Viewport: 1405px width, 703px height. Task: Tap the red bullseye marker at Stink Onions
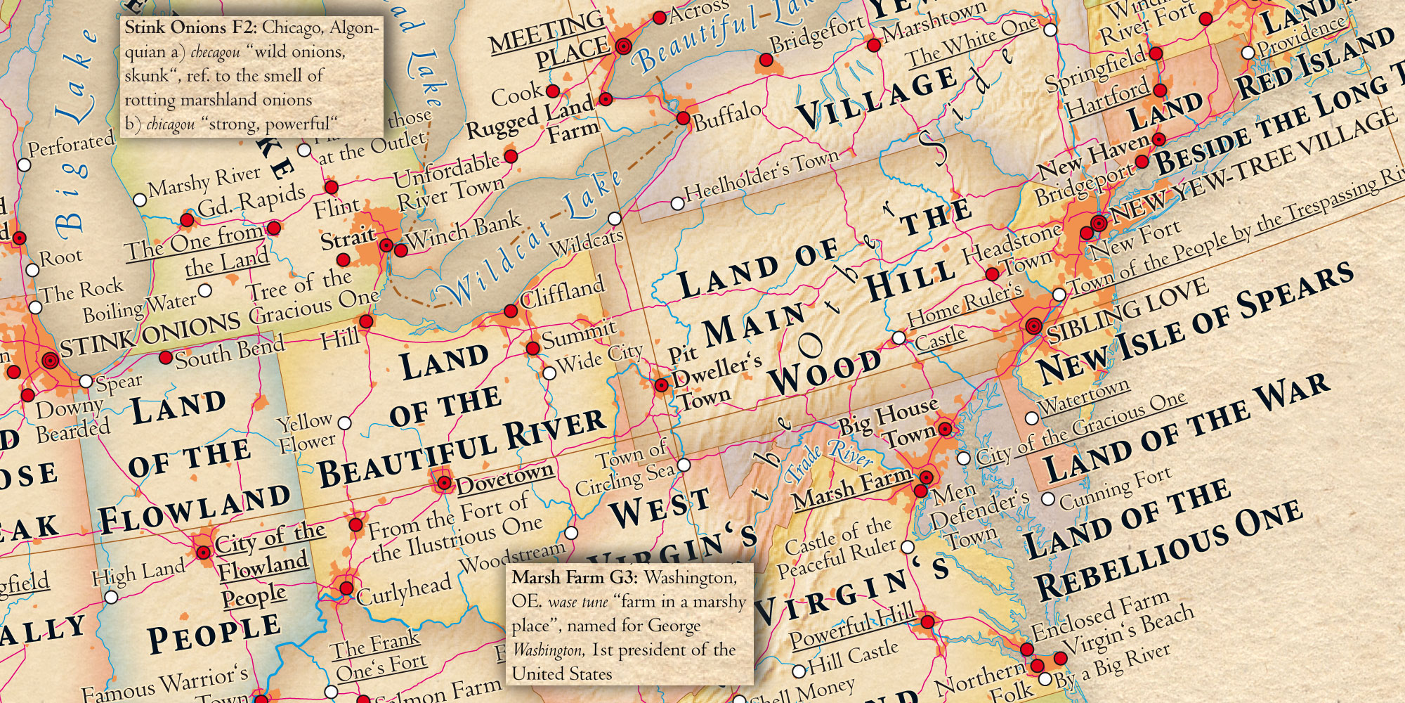point(48,361)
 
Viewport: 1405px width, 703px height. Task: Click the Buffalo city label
point(727,116)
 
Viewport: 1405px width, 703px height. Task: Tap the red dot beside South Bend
point(166,357)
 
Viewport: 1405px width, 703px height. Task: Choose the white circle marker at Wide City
point(549,371)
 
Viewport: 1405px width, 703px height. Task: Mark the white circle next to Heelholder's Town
point(677,203)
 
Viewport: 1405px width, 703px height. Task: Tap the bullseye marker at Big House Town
point(945,428)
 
